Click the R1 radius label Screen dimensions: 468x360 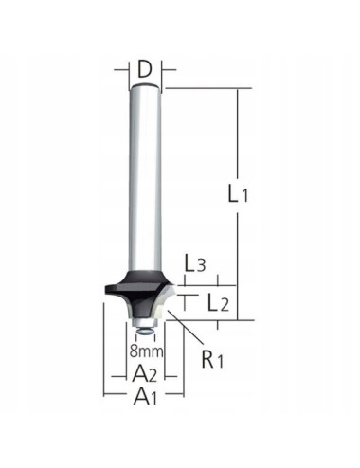pyautogui.click(x=216, y=360)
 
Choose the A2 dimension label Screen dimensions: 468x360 pyautogui.click(x=145, y=371)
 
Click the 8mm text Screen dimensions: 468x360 pyautogui.click(x=146, y=351)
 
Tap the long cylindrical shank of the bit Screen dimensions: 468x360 pyautogui.click(x=145, y=180)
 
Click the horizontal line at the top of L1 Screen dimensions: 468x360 pyautogui.click(x=208, y=88)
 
